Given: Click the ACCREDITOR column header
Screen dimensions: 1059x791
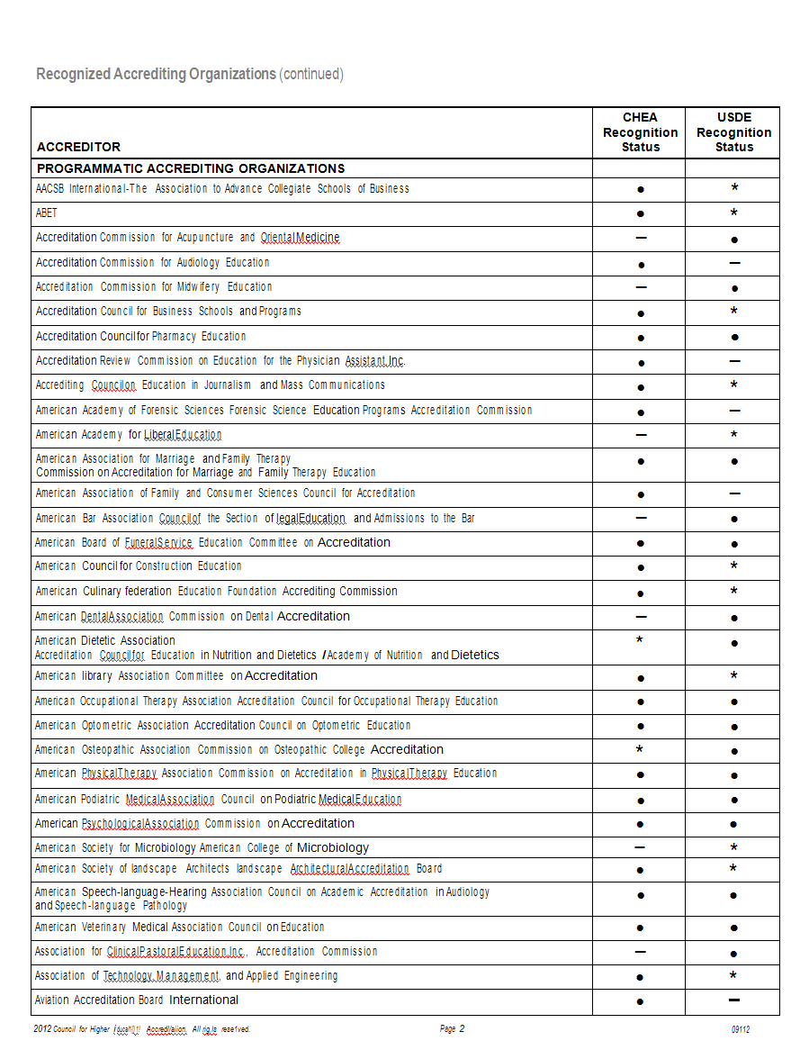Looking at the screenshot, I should [x=78, y=147].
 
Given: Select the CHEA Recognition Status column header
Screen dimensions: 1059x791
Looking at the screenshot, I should [x=640, y=132].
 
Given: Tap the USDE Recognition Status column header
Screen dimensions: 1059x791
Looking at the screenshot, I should [x=733, y=132].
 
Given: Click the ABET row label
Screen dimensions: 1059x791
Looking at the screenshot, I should [x=47, y=213].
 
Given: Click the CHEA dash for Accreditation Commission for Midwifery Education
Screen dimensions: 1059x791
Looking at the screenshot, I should [x=641, y=287].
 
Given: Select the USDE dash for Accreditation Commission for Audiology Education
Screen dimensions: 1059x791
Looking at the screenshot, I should [x=734, y=263].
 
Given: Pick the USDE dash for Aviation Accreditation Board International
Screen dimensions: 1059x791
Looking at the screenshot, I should [x=734, y=1000].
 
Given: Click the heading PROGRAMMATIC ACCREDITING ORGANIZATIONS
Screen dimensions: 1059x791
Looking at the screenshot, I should [x=191, y=168].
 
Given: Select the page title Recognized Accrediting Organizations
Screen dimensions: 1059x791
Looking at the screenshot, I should [x=156, y=74].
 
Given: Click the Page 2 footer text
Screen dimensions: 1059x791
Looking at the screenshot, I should [x=452, y=1029].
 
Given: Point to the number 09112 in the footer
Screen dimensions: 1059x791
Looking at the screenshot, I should [x=741, y=1029].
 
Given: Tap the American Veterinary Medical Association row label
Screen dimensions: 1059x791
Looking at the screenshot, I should [x=179, y=928].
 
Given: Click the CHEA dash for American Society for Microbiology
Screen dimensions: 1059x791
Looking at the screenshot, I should [x=640, y=847].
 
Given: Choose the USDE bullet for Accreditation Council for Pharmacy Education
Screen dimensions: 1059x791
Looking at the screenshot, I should [x=734, y=337].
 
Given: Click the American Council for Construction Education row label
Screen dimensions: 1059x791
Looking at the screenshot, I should [x=139, y=566].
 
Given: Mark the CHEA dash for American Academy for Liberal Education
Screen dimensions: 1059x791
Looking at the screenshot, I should [x=641, y=435].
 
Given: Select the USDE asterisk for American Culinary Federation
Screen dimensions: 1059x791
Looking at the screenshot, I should [x=734, y=592].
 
